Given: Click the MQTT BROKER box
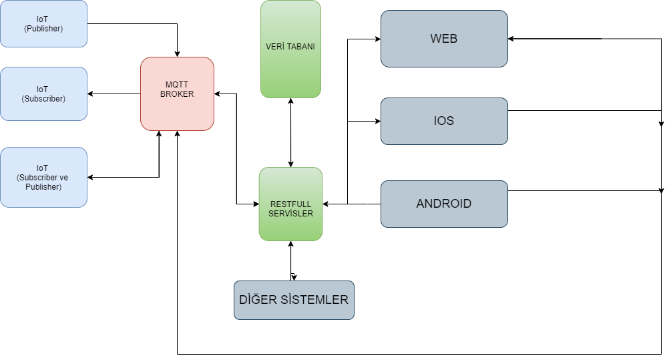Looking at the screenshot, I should [177, 94].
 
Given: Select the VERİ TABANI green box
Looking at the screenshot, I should [290, 49].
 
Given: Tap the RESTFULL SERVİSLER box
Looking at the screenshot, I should [290, 204].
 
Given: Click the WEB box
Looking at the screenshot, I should [444, 39].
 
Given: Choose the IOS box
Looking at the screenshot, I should [444, 121].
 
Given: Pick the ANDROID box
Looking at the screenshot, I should [444, 204].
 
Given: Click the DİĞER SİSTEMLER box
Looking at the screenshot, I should [294, 300].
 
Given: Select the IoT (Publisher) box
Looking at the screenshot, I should [43, 24].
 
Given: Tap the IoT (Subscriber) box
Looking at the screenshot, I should [43, 94].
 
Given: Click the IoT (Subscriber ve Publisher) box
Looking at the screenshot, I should [43, 177].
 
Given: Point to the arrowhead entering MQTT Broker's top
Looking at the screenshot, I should [177, 53].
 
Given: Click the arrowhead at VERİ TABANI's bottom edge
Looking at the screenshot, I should [290, 102].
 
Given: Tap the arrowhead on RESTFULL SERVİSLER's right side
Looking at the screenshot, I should [326, 204].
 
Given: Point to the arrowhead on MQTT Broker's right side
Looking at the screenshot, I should [218, 94].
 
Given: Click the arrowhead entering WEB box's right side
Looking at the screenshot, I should [512, 39].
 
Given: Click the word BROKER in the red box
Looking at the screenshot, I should [177, 94].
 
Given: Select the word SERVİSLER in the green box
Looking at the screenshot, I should [290, 213].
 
